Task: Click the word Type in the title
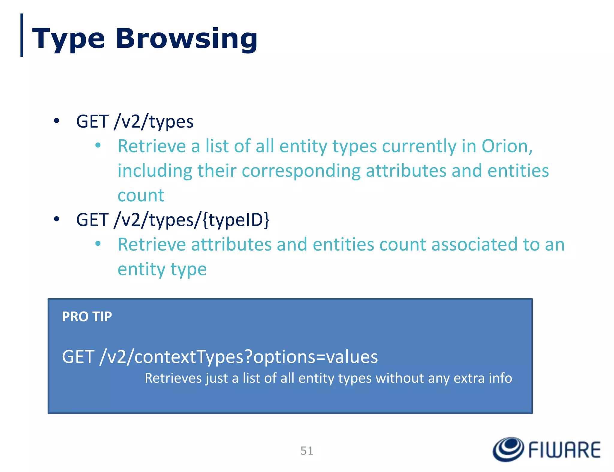pos(68,38)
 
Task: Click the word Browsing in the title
pos(186,38)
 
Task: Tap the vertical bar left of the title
pos(22,35)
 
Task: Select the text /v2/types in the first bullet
pos(153,122)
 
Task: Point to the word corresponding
pos(301,171)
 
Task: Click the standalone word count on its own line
pos(141,195)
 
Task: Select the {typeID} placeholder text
pos(236,220)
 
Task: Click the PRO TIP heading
pos(87,317)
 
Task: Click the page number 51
pos(307,451)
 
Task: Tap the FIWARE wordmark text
pos(564,450)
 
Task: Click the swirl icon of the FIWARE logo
pos(508,449)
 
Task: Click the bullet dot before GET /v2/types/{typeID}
pos(56,219)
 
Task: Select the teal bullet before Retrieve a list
pos(98,146)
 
